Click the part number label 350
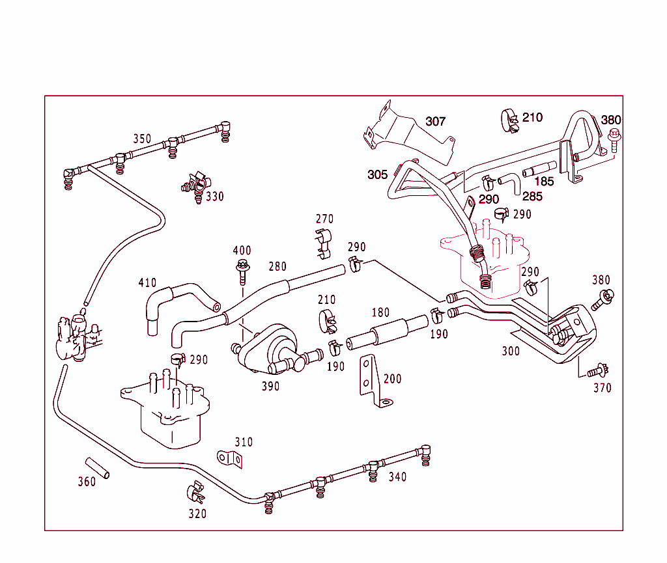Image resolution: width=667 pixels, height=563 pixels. (142, 139)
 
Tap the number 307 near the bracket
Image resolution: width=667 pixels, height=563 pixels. (436, 122)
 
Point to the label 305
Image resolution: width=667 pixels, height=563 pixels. (377, 174)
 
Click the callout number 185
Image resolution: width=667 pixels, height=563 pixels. (544, 182)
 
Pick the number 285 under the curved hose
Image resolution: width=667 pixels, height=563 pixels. (532, 195)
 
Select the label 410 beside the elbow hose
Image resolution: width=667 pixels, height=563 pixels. (147, 282)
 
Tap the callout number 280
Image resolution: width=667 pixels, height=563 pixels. (277, 266)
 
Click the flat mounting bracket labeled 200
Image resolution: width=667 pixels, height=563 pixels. (372, 383)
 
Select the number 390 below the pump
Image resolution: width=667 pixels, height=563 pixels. (270, 386)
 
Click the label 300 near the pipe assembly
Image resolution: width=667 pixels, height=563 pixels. (511, 351)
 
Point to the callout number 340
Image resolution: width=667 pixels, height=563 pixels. (397, 477)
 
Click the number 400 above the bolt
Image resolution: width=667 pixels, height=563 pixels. (242, 251)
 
